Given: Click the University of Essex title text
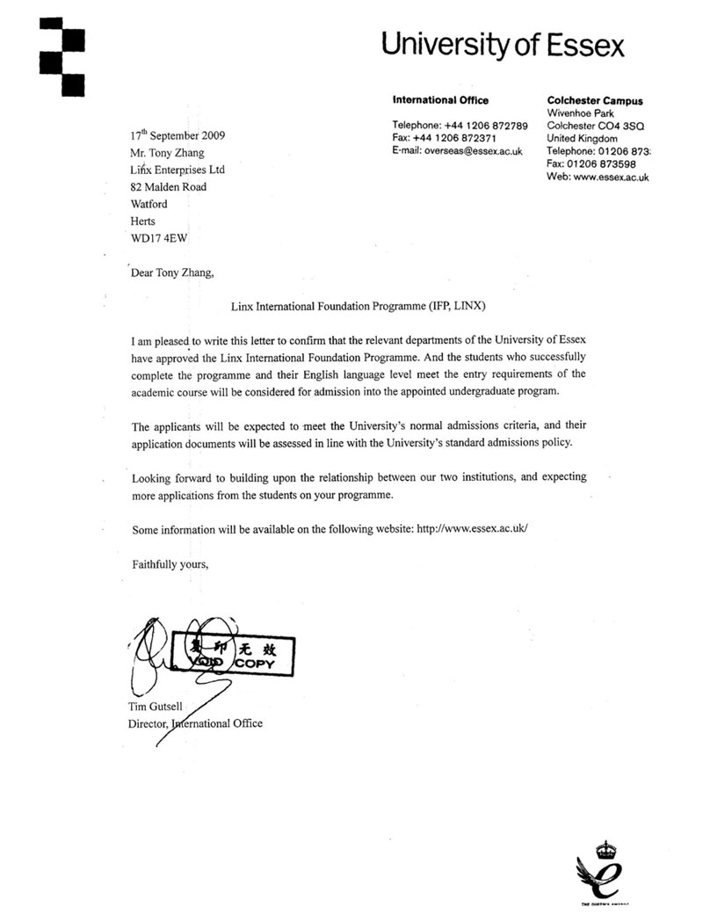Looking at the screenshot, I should [503, 44].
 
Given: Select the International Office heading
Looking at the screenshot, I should [439, 100].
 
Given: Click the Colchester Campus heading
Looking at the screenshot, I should [594, 101].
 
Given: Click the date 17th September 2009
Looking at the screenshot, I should [178, 135].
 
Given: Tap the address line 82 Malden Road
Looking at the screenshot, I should [169, 186].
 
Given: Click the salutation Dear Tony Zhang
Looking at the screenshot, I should [171, 272].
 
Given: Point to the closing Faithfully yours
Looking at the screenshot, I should [170, 563].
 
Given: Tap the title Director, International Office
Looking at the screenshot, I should [195, 724].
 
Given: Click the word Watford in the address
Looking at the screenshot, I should [149, 204].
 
